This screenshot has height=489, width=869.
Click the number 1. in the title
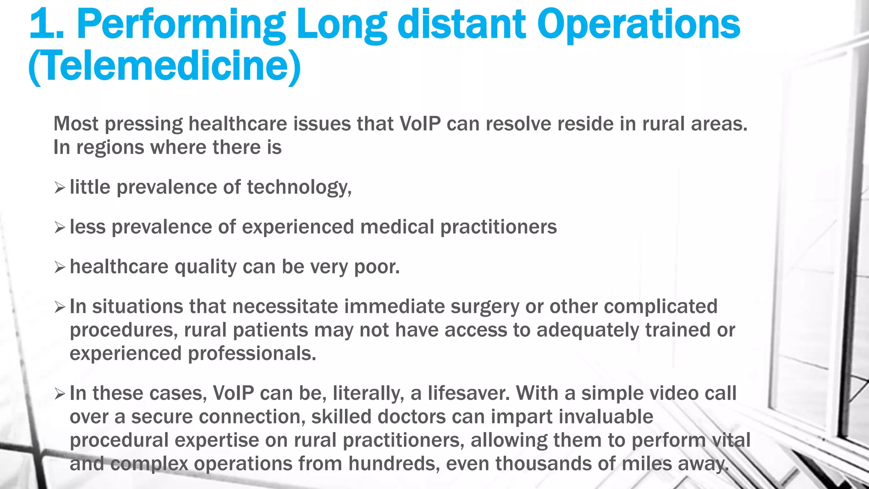coord(46,25)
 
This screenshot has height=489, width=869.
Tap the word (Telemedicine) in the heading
coord(165,66)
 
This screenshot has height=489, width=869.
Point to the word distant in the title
coord(462,25)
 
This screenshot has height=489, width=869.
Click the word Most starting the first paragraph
coord(76,124)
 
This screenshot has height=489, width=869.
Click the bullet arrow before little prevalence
coord(60,188)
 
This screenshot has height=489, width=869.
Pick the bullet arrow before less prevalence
coord(60,228)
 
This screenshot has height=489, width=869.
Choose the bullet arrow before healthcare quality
coord(60,267)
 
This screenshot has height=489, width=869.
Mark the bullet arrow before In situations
coord(60,307)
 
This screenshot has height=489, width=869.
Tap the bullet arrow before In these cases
coord(60,394)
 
